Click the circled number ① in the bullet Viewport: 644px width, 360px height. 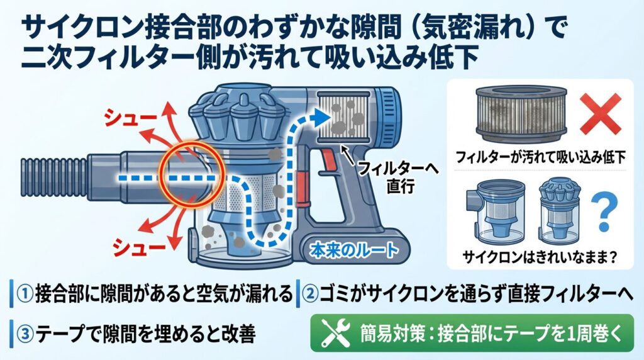[27, 293]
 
